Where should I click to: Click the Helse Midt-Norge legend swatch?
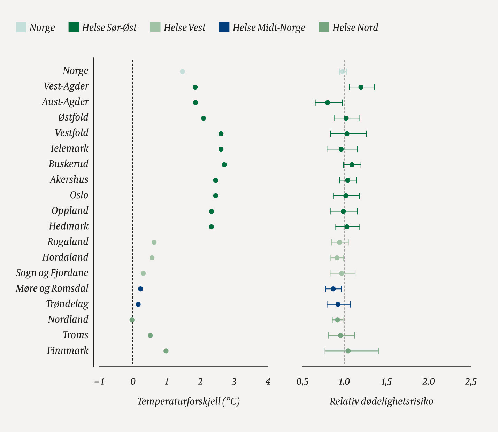(x=224, y=27)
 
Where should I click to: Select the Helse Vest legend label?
(x=184, y=28)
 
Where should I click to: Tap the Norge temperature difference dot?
(x=182, y=71)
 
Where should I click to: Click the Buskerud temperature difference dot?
(x=224, y=165)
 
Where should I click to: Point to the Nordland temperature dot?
(x=132, y=320)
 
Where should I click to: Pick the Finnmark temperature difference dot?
(x=166, y=351)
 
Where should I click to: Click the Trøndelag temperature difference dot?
(x=138, y=304)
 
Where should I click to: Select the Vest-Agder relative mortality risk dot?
(x=361, y=87)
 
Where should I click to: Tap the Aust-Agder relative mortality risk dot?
(x=327, y=103)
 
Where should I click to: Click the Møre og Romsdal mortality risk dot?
(x=333, y=289)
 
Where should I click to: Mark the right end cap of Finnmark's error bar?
(x=378, y=351)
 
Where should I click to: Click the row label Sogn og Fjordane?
(x=52, y=273)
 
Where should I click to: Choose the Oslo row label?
(x=79, y=195)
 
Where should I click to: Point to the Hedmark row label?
(x=69, y=226)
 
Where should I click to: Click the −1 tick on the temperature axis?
(x=99, y=382)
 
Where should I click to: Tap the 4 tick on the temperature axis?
(x=268, y=382)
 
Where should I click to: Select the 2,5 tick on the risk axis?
(x=470, y=382)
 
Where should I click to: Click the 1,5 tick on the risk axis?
(x=386, y=382)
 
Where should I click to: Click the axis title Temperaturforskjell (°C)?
(x=189, y=401)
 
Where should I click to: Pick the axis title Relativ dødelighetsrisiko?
(x=381, y=401)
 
